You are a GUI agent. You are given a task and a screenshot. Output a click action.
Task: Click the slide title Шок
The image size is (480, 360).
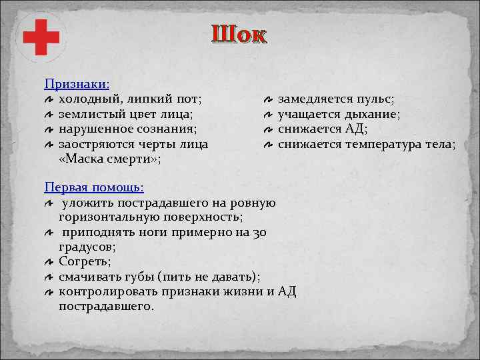click(x=239, y=34)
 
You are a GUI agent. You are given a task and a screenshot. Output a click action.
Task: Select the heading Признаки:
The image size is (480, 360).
click(x=77, y=85)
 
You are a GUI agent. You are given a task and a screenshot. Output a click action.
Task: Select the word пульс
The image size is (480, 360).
click(x=375, y=99)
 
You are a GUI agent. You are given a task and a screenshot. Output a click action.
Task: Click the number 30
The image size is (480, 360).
click(x=261, y=232)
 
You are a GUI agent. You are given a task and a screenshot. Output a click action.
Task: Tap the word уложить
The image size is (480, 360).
click(x=89, y=203)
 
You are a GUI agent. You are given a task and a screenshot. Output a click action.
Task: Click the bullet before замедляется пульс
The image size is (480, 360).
click(x=267, y=100)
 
